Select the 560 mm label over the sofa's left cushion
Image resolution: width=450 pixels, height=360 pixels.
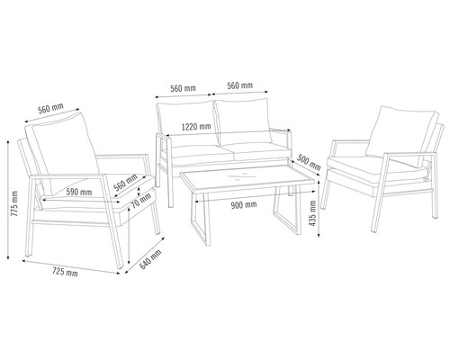coord(184,87)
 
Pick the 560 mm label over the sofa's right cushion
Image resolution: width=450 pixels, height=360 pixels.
coord(239,87)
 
